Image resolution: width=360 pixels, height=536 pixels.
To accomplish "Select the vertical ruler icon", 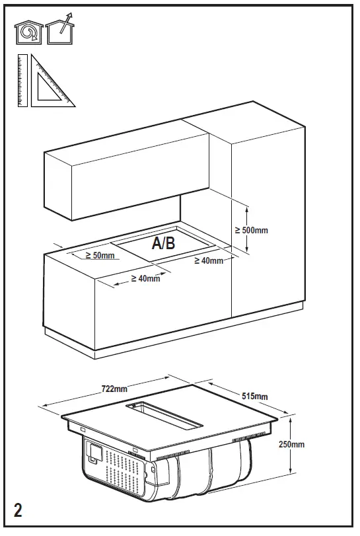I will click(22, 81).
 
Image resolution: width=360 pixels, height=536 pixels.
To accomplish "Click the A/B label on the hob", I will click(164, 243).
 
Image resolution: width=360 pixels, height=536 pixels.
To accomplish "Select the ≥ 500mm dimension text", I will click(251, 230).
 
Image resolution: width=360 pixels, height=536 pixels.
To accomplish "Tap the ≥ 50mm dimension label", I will click(100, 255).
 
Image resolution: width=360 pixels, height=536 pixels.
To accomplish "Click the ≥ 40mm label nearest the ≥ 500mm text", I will click(209, 261).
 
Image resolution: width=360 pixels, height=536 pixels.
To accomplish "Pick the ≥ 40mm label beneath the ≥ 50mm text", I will click(145, 278).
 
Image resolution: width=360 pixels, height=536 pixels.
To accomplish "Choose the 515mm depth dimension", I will click(254, 396).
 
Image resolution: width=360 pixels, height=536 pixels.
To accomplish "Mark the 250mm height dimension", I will click(290, 444).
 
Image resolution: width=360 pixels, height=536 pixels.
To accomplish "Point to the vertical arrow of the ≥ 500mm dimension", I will click(246, 229).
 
